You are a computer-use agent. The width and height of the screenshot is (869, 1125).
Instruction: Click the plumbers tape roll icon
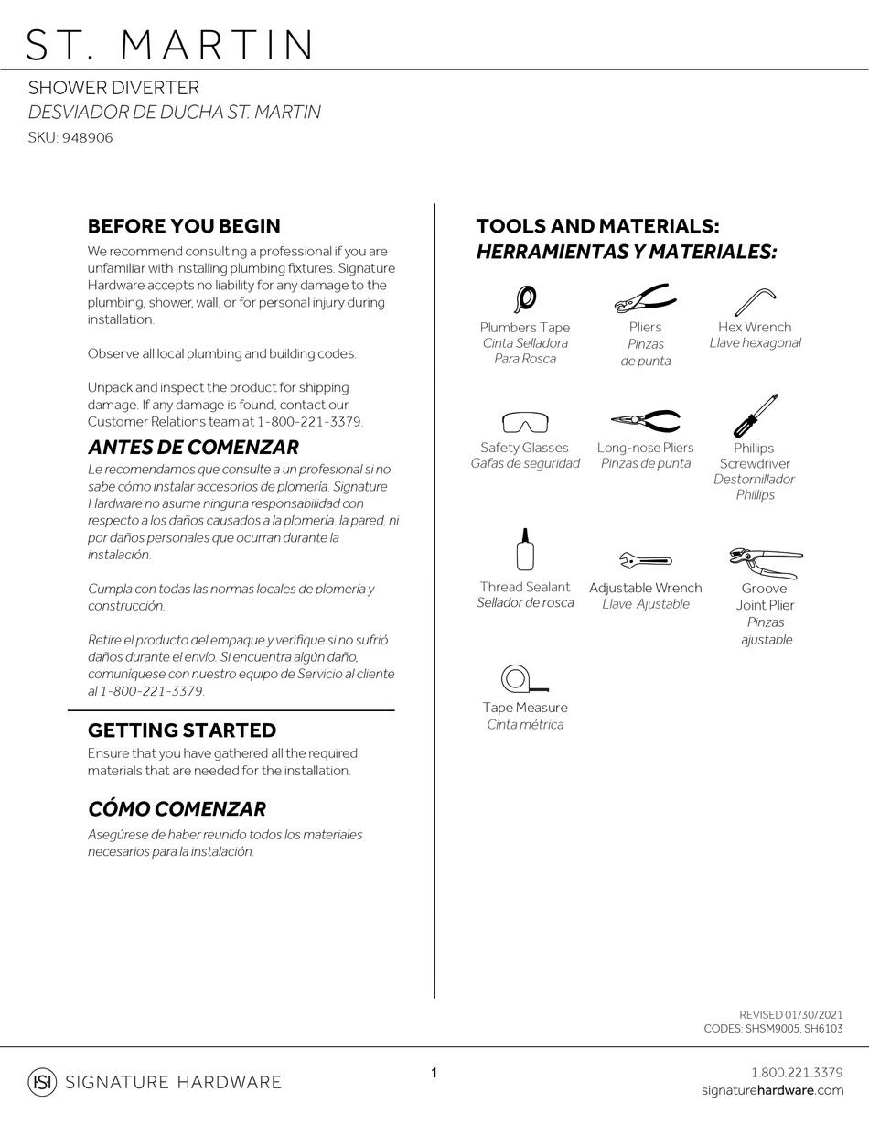click(x=526, y=298)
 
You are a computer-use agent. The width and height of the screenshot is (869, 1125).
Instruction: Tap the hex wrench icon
click(x=755, y=301)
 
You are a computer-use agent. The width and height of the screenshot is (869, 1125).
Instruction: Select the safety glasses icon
click(x=525, y=422)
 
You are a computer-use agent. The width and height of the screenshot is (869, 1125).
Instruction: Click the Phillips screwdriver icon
click(x=756, y=416)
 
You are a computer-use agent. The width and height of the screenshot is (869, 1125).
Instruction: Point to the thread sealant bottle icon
click(x=525, y=550)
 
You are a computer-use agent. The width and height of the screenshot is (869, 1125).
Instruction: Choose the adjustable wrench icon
click(x=645, y=560)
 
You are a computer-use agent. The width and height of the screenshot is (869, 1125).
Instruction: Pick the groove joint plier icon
click(x=767, y=561)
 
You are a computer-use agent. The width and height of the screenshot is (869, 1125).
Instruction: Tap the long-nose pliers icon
click(x=646, y=420)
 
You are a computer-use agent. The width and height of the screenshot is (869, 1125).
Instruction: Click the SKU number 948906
click(x=87, y=138)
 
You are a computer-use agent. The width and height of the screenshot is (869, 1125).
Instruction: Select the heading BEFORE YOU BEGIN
click(x=184, y=226)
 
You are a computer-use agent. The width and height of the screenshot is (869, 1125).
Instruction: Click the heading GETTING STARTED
click(x=181, y=730)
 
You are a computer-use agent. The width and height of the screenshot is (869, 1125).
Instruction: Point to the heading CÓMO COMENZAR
click(x=177, y=809)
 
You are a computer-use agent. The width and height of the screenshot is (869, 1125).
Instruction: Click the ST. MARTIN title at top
click(x=170, y=45)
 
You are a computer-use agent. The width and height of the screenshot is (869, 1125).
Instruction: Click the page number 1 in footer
click(x=434, y=1073)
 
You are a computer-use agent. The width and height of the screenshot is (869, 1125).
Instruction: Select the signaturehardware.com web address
click(x=772, y=1090)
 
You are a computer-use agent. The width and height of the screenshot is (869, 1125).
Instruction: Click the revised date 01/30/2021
click(x=814, y=1014)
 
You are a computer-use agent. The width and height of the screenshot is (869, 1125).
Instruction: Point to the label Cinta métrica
click(x=525, y=725)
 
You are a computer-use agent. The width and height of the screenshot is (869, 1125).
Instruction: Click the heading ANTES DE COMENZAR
click(x=193, y=448)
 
